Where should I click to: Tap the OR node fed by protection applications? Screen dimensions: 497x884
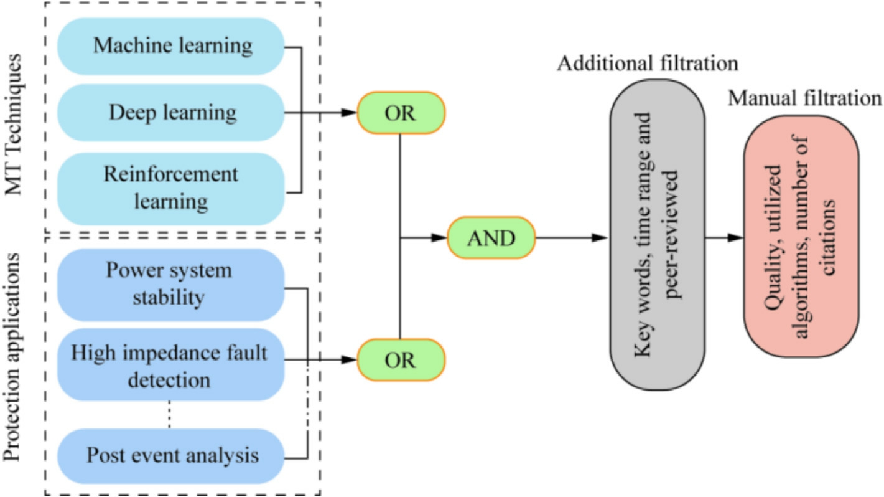click(401, 360)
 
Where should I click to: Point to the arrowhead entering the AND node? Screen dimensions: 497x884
click(440, 238)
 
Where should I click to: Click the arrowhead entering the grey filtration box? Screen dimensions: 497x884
click(601, 238)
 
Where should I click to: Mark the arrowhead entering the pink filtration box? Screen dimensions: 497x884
click(737, 238)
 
